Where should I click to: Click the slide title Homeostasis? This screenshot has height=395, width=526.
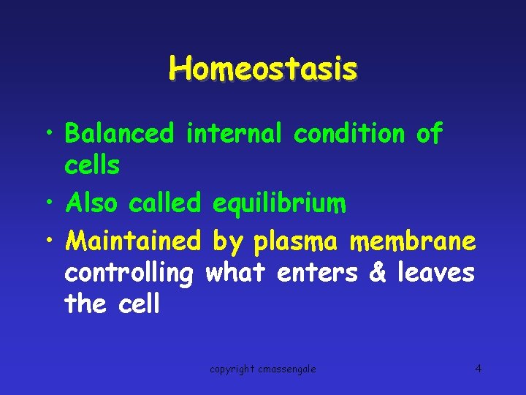pyautogui.click(x=263, y=69)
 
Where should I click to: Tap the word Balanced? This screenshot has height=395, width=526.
pyautogui.click(x=120, y=133)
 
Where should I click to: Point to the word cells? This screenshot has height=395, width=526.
pyautogui.click(x=92, y=165)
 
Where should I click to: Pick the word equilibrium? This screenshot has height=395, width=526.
pyautogui.click(x=279, y=204)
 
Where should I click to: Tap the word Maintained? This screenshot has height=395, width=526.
pyautogui.click(x=132, y=239)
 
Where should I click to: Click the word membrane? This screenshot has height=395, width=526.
pyautogui.click(x=413, y=239)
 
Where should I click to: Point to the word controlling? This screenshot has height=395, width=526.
pyautogui.click(x=129, y=274)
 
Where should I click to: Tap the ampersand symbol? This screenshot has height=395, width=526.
pyautogui.click(x=378, y=273)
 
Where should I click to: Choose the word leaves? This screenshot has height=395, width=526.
pyautogui.click(x=436, y=273)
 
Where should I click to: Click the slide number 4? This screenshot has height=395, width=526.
pyautogui.click(x=478, y=368)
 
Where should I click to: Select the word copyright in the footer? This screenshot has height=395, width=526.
pyautogui.click(x=232, y=369)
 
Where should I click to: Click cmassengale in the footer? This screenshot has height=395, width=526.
pyautogui.click(x=286, y=369)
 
